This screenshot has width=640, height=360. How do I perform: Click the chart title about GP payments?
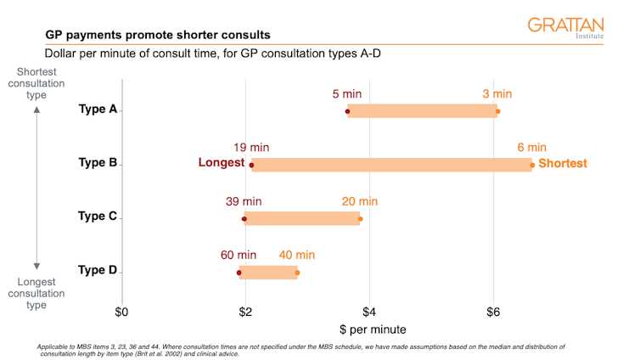[x=158, y=35]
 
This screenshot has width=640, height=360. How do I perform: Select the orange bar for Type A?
[x=422, y=110]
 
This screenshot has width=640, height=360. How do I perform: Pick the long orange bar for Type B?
[x=391, y=165]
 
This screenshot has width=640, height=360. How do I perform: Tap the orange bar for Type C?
[x=302, y=218]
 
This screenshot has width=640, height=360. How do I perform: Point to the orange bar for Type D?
[x=268, y=273]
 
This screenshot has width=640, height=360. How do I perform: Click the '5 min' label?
[x=347, y=93]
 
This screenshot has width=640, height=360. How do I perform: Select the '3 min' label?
[x=497, y=93]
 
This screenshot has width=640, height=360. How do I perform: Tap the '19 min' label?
[x=251, y=148]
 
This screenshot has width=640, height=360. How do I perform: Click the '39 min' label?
[x=244, y=201]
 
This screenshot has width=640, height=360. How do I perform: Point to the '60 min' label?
[x=239, y=255]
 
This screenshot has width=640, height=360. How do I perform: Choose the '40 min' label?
[x=297, y=255]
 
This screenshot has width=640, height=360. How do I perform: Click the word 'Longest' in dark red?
[x=222, y=164]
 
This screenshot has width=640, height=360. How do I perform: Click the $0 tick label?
[x=122, y=312]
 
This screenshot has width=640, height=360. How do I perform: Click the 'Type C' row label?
[x=97, y=217]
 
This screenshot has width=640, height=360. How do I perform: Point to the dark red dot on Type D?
[x=239, y=273]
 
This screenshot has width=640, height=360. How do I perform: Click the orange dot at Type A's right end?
[x=498, y=111]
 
